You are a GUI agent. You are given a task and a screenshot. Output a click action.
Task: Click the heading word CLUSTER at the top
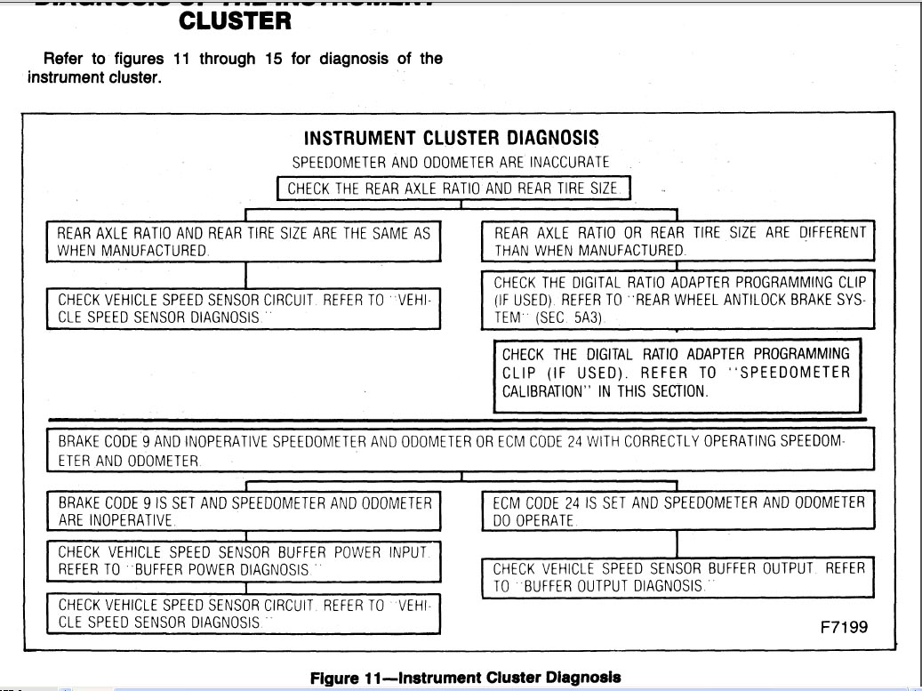(235, 20)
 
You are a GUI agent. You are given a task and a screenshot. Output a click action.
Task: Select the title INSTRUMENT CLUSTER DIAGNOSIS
(452, 139)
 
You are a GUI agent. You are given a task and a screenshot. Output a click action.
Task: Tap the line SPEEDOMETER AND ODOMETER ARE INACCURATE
(452, 164)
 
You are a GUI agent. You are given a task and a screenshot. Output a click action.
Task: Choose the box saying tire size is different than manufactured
(678, 241)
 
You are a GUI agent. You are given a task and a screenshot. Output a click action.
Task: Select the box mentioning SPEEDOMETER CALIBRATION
(677, 374)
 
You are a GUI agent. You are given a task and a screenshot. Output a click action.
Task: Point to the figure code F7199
(843, 627)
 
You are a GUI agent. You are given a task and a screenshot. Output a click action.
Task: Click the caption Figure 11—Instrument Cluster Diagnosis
(465, 678)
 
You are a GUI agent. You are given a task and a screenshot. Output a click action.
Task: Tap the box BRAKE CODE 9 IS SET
(245, 510)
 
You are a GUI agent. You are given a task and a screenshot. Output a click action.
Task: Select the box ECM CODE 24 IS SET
(678, 510)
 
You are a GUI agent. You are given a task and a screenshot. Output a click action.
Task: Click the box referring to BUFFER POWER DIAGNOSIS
(245, 561)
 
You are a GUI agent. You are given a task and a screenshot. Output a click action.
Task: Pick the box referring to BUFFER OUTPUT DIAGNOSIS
(678, 577)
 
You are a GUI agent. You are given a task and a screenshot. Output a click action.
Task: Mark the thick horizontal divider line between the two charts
(457, 419)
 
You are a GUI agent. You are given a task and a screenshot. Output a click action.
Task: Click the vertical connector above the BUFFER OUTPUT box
(678, 543)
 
